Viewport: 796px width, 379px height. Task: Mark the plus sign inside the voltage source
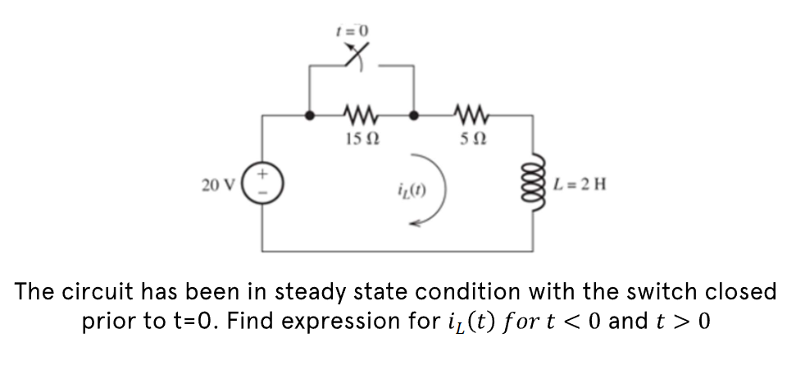click(x=264, y=175)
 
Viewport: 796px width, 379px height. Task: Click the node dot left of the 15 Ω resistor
click(x=310, y=116)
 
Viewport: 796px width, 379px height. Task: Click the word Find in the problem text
click(x=251, y=321)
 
